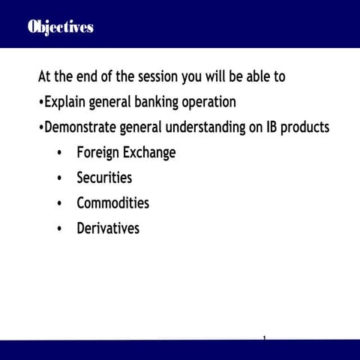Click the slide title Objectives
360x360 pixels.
click(60, 27)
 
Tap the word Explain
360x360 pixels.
click(66, 102)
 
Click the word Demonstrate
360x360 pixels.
click(82, 127)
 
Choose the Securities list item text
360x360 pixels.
click(104, 178)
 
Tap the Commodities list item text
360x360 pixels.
click(112, 203)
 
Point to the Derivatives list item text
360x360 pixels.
click(108, 229)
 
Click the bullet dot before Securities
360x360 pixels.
click(59, 178)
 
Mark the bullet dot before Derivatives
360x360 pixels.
click(59, 229)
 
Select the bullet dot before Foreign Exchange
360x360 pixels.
click(59, 154)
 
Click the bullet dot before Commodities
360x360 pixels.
click(59, 204)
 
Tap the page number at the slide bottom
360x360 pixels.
click(265, 338)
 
